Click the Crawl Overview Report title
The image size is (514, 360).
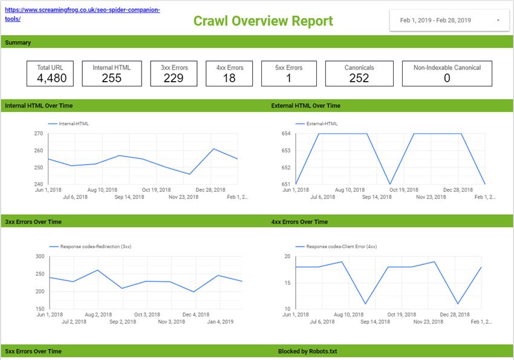(263, 21)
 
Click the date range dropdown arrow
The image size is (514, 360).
(498, 21)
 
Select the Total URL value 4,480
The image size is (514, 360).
(51, 78)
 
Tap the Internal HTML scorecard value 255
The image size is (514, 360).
(111, 78)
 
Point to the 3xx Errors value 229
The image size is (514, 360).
(174, 78)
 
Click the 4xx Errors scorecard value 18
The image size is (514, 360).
(229, 78)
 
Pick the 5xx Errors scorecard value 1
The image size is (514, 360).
(288, 78)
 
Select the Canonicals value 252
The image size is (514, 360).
(359, 78)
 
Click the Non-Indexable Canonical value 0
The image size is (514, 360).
(447, 78)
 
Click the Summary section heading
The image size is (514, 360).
(18, 43)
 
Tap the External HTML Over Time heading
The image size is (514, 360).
(305, 106)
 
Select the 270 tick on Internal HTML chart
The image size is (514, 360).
(38, 133)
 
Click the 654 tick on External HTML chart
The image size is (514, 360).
(286, 133)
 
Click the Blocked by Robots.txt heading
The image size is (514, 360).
(307, 352)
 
